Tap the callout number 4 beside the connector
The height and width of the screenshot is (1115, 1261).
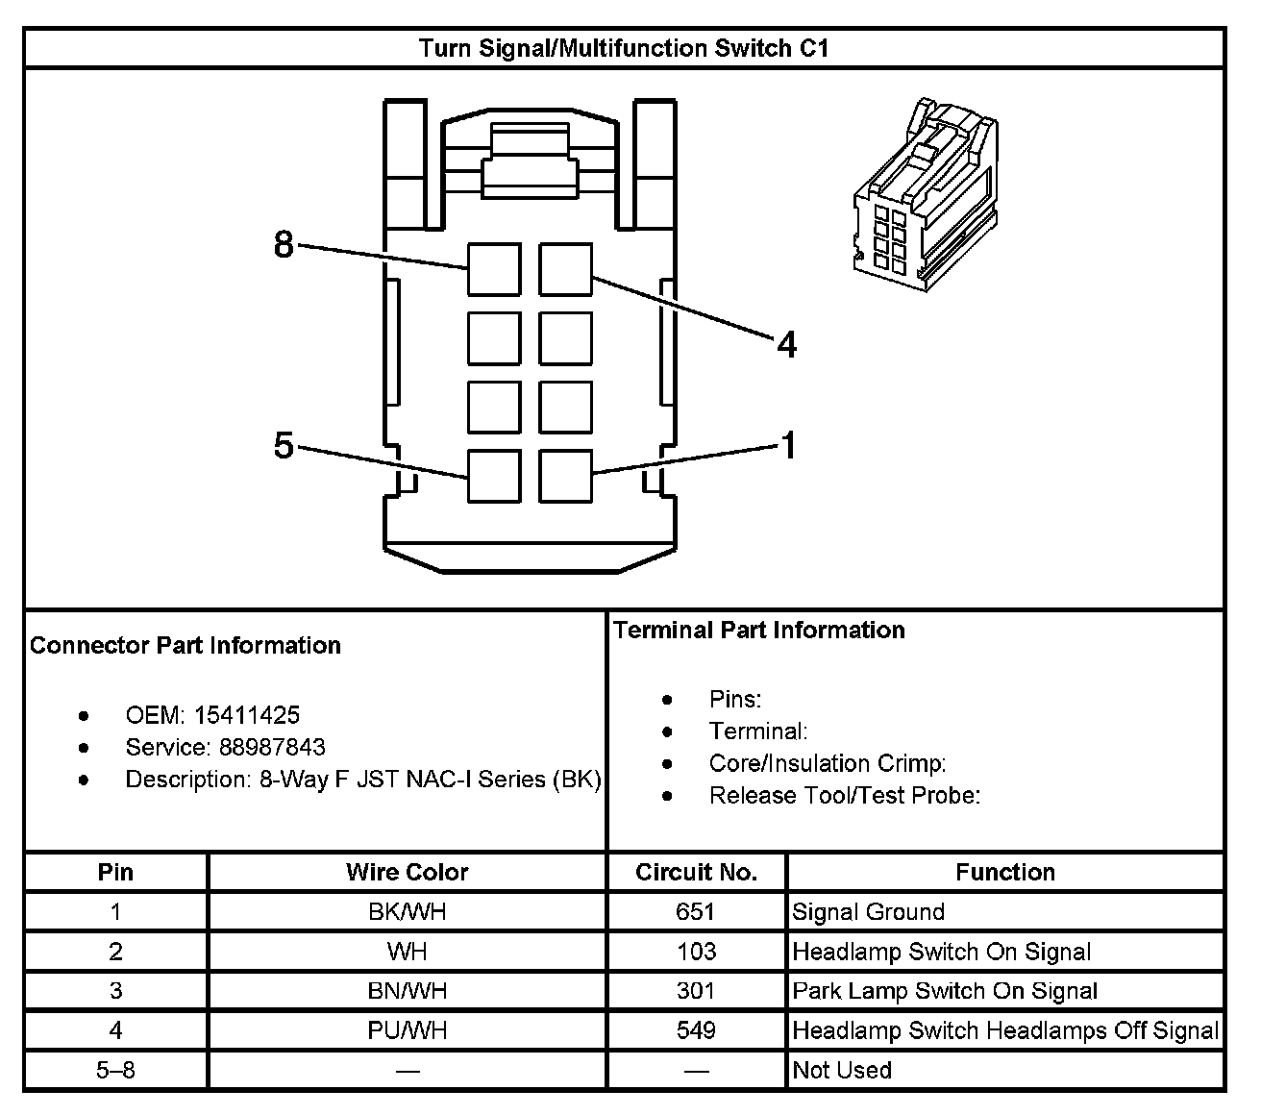tap(786, 344)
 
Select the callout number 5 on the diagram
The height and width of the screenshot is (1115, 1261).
tap(284, 446)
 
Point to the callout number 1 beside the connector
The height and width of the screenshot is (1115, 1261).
tap(788, 445)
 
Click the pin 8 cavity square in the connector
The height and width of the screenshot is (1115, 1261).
tap(494, 269)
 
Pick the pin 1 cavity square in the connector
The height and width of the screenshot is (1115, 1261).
tap(565, 476)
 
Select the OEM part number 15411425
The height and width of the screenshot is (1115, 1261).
tap(246, 715)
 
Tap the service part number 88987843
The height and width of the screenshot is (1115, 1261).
tap(272, 747)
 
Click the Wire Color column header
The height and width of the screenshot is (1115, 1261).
tap(407, 872)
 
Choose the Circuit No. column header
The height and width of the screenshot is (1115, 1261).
tap(696, 872)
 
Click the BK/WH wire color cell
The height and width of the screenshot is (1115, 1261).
tap(407, 911)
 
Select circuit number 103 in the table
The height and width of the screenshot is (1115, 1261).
tap(696, 952)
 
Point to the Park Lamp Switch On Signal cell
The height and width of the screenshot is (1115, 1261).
tap(944, 991)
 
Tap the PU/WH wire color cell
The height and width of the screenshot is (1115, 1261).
tap(407, 1030)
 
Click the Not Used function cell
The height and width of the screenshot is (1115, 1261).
tap(842, 1070)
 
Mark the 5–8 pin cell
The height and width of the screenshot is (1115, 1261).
tap(115, 1070)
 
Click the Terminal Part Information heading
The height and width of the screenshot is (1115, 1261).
tap(759, 630)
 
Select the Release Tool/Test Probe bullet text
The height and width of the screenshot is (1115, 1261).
tap(844, 795)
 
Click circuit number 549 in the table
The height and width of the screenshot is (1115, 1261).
tap(696, 1030)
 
